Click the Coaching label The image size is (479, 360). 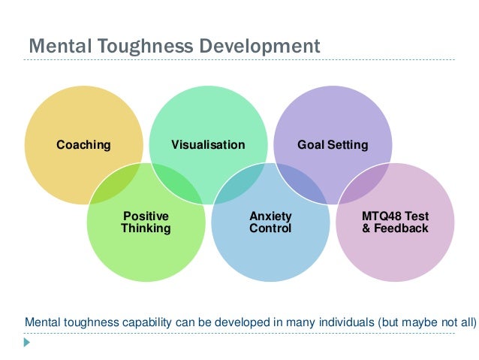[x=83, y=144]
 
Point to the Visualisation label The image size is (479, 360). [x=208, y=144]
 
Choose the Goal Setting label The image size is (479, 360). [x=333, y=144]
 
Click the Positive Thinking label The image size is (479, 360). [x=146, y=222]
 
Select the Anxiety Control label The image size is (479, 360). [x=270, y=222]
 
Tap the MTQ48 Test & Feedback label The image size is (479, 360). [x=395, y=222]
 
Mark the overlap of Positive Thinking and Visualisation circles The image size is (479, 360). [x=177, y=183]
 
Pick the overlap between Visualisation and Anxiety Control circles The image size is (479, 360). [x=239, y=183]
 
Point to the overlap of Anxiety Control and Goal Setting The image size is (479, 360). [x=302, y=183]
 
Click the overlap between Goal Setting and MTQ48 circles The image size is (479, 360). [x=364, y=183]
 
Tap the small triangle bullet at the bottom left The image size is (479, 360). [x=27, y=341]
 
